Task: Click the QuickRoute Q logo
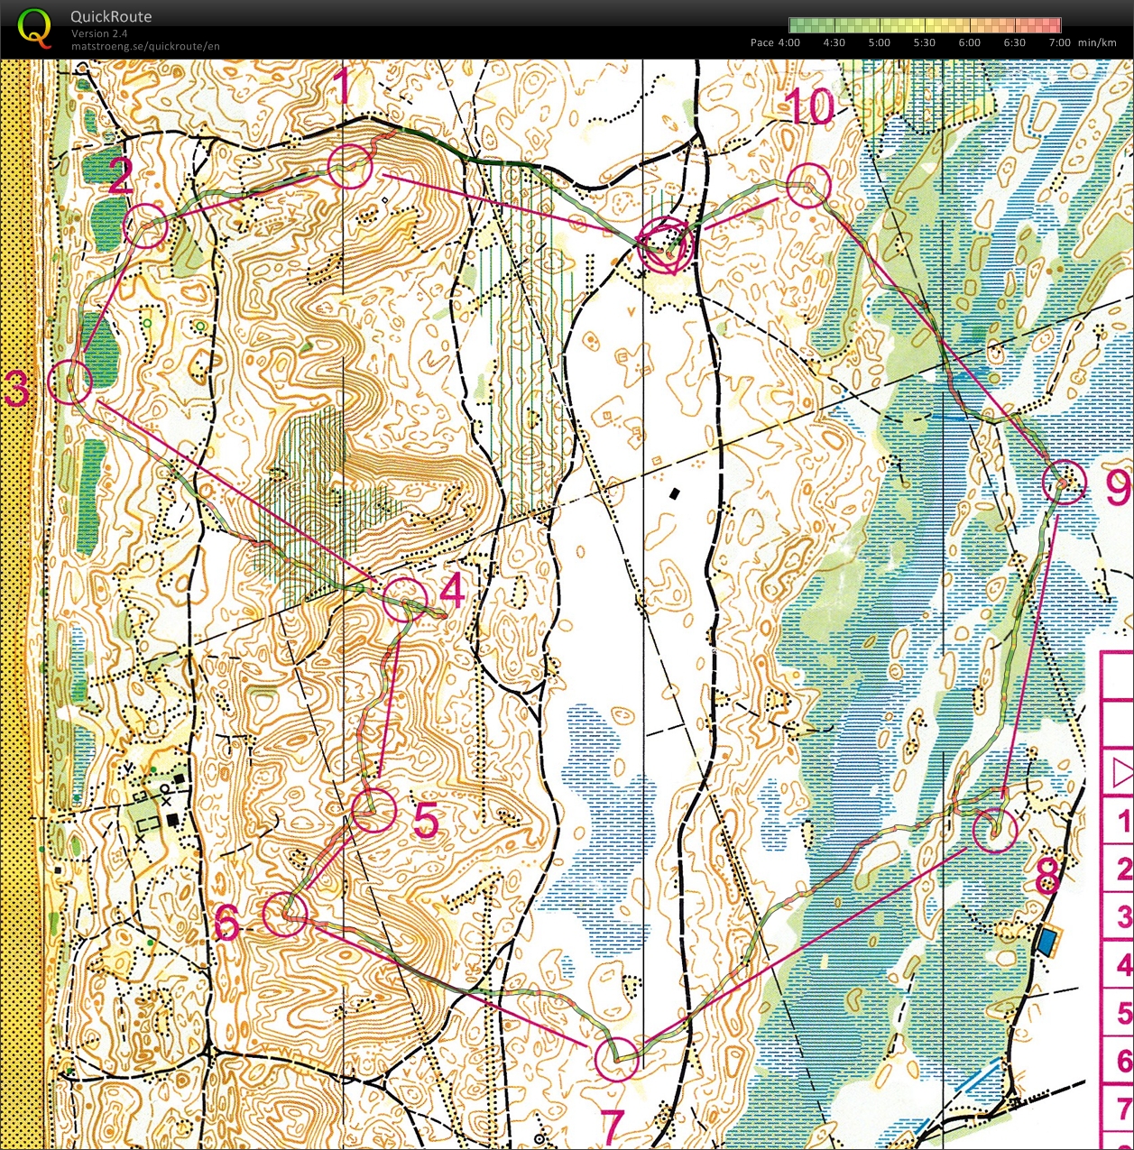pyautogui.click(x=34, y=27)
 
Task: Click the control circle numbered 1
pyautogui.click(x=350, y=166)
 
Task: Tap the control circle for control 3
pyautogui.click(x=69, y=382)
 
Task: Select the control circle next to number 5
pyautogui.click(x=373, y=809)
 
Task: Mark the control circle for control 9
pyautogui.click(x=1065, y=482)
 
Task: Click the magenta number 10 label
pyautogui.click(x=810, y=108)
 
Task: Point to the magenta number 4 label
pyautogui.click(x=451, y=592)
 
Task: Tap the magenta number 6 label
pyautogui.click(x=226, y=922)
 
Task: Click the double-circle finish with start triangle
pyautogui.click(x=666, y=246)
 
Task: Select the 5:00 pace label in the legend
pyautogui.click(x=879, y=42)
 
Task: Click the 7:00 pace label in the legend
pyautogui.click(x=1059, y=42)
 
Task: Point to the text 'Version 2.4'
pyautogui.click(x=99, y=33)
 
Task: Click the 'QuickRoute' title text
pyautogui.click(x=111, y=16)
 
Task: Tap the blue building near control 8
pyautogui.click(x=1046, y=943)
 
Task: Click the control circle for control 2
pyautogui.click(x=144, y=225)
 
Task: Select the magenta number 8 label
pyautogui.click(x=1046, y=875)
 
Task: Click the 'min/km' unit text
pyautogui.click(x=1097, y=42)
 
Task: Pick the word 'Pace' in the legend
pyautogui.click(x=761, y=42)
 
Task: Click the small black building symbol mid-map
pyautogui.click(x=675, y=494)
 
